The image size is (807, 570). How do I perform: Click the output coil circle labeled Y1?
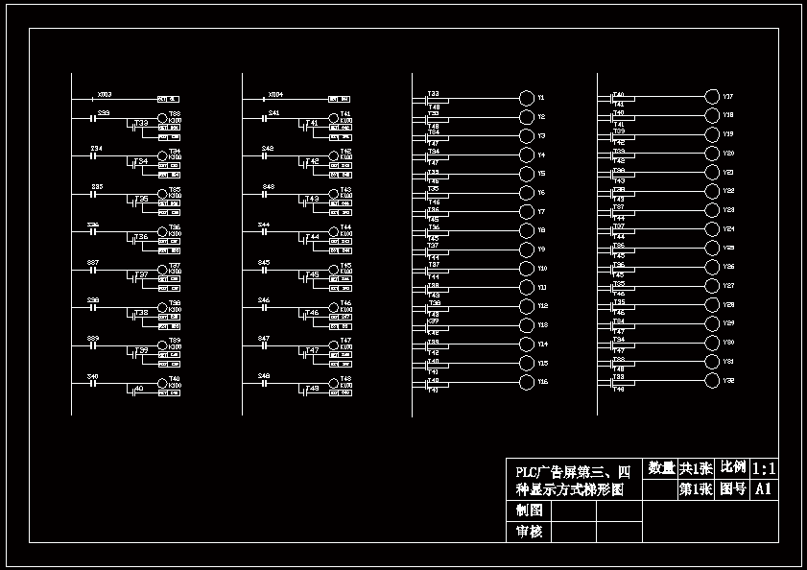(x=526, y=98)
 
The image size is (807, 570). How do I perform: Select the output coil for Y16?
(x=526, y=382)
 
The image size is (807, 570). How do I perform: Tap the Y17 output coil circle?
(x=711, y=96)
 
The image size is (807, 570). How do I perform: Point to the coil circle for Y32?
(x=711, y=381)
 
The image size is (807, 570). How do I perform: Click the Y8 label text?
(x=541, y=230)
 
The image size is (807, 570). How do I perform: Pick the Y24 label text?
(x=728, y=229)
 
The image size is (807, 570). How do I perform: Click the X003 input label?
(x=104, y=94)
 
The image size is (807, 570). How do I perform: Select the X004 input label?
(x=275, y=94)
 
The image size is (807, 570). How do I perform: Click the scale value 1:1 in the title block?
(x=764, y=468)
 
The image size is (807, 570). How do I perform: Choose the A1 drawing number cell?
(x=764, y=489)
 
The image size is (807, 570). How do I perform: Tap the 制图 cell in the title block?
(x=529, y=511)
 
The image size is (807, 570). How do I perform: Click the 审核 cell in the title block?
(x=529, y=532)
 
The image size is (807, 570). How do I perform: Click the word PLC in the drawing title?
(x=527, y=472)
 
